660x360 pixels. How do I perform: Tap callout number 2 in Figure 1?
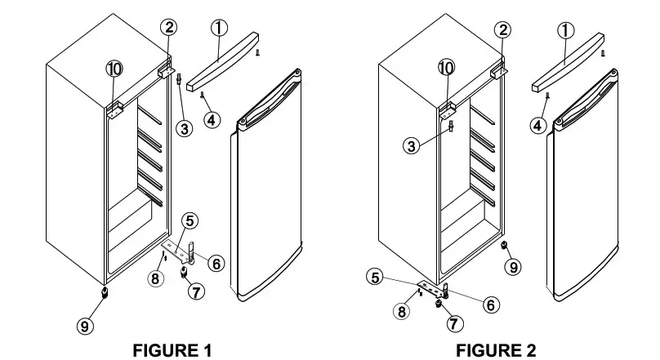168,28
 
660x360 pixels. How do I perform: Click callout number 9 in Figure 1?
85,326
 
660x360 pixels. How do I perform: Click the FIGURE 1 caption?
172,350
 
